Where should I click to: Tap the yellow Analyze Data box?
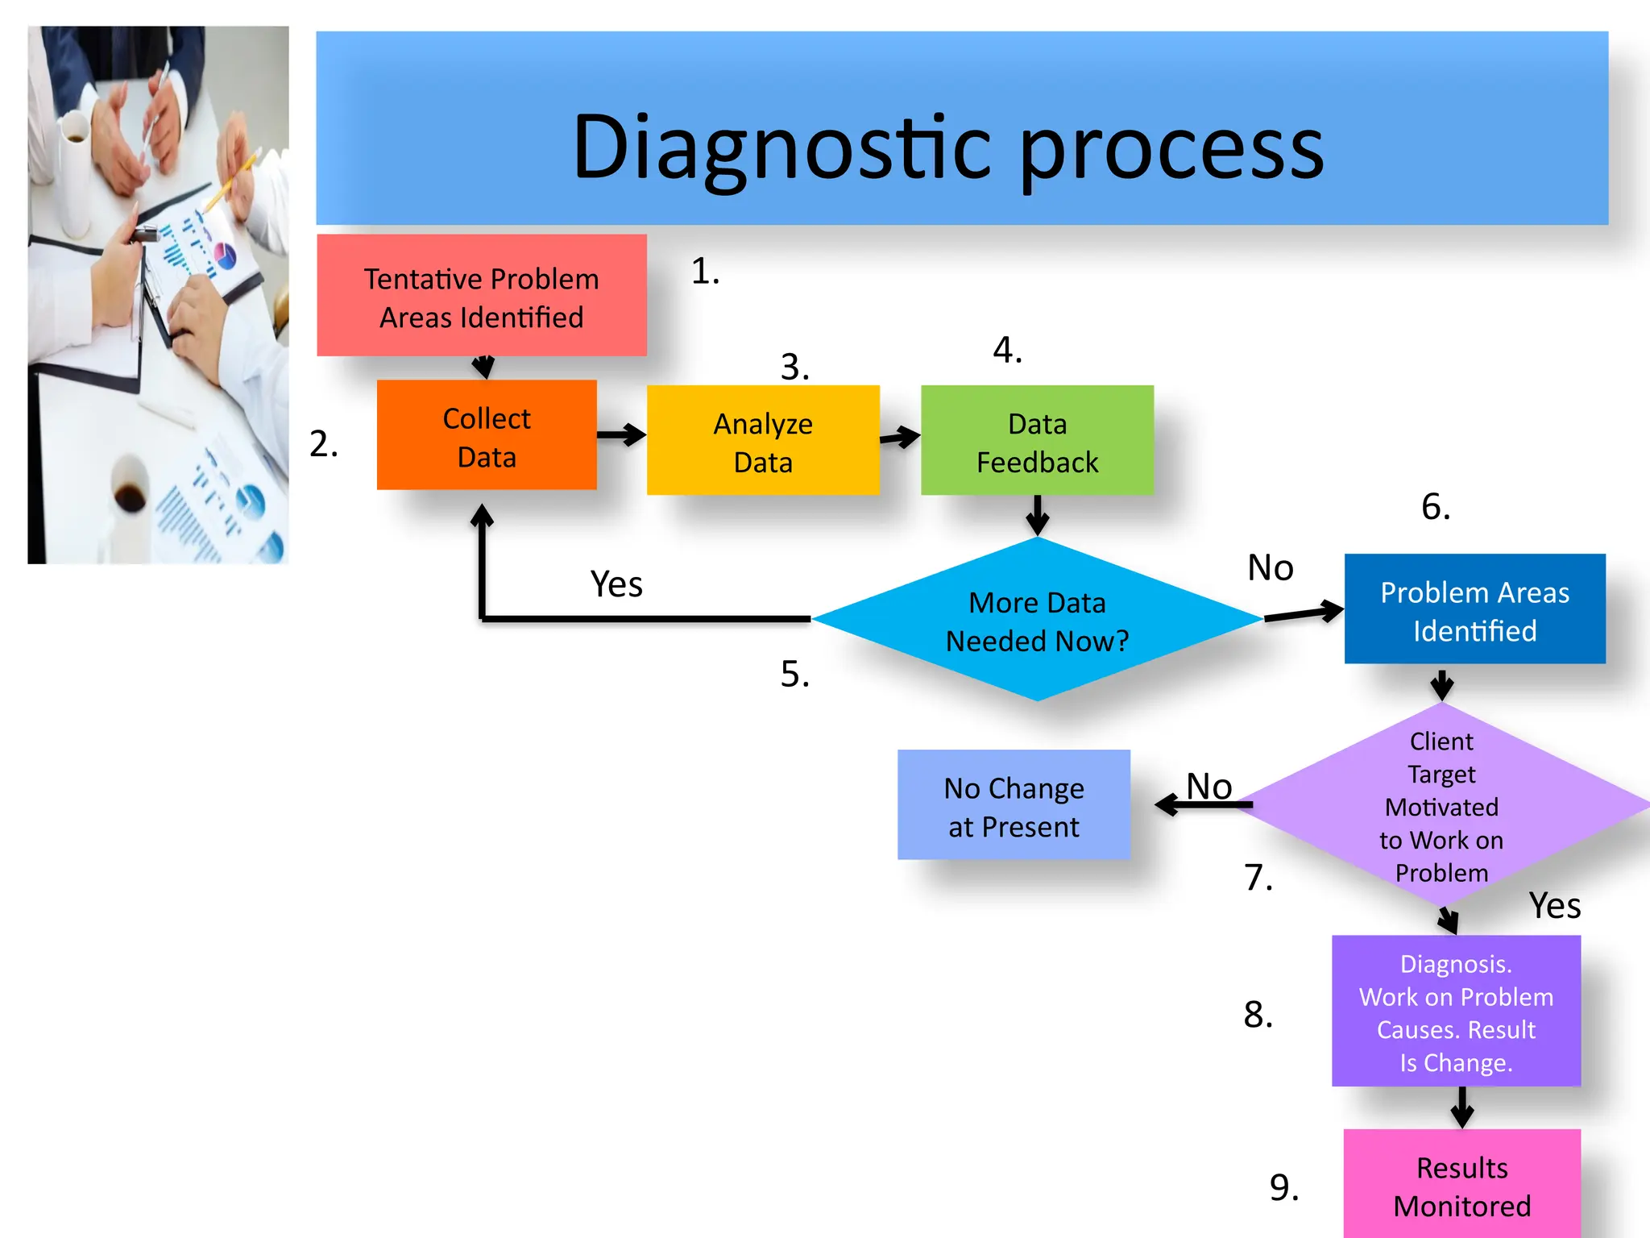762,441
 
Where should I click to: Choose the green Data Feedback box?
1037,441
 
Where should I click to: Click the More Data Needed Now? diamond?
1037,620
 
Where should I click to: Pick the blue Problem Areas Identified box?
1474,609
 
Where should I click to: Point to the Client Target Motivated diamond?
1441,806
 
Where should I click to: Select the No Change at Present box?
1014,805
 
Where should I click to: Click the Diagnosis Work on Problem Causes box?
1456,1012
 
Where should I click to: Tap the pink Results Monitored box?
1461,1185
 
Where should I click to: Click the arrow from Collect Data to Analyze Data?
621,435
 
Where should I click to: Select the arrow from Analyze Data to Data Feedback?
900,438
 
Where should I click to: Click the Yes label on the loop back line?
616,584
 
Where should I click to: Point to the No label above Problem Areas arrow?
1271,568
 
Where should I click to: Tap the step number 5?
794,674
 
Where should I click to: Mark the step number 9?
1283,1187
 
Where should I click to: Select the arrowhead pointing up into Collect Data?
482,516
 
